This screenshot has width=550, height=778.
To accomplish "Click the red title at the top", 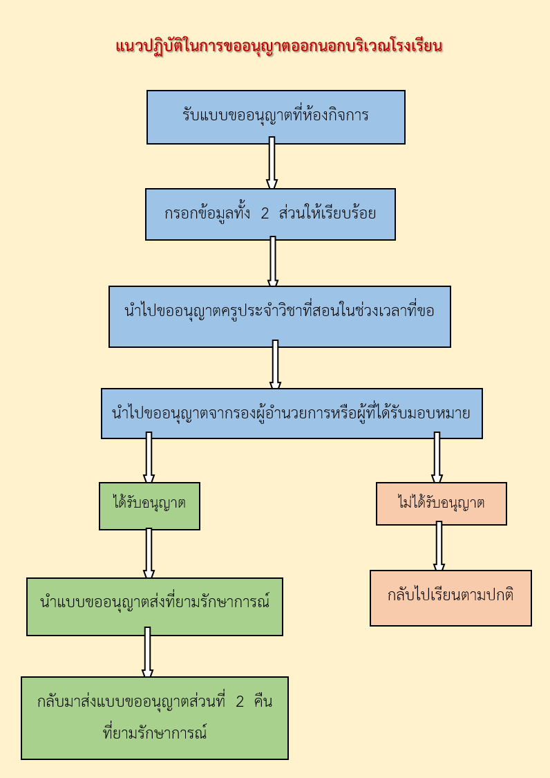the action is tap(279, 46).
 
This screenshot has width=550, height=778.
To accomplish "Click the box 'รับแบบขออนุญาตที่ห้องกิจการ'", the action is tap(276, 117).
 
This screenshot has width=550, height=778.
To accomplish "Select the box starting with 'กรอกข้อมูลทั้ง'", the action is tap(270, 214).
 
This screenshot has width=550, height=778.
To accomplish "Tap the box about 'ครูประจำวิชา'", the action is tap(280, 317).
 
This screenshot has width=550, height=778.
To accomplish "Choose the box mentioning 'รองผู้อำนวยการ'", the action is tap(292, 414).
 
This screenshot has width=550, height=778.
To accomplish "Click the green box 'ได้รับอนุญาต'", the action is tap(149, 506).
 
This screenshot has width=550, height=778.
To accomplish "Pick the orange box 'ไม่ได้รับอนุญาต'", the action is tap(442, 503).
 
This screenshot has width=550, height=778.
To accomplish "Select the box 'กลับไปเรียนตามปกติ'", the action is tap(451, 598).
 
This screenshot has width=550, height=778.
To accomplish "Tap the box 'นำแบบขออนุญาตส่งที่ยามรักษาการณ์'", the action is tap(155, 606).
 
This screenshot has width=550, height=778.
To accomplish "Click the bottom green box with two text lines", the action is tap(155, 718).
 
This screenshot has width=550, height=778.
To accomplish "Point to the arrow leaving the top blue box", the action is tap(272, 163).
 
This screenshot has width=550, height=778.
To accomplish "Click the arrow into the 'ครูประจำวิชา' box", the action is tap(273, 261).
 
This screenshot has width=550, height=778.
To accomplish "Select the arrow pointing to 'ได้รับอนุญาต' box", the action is tap(149, 458).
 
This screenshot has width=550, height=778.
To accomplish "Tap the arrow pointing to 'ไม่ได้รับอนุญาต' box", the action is tap(437, 458).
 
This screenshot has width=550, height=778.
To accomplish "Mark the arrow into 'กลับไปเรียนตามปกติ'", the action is tap(439, 546).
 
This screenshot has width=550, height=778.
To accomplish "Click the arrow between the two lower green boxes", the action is tap(147, 652).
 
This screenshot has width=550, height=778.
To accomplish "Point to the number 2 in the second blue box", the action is tap(265, 214).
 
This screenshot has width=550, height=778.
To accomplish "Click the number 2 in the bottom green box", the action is tap(240, 702).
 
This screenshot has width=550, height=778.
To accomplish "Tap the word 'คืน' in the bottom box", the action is tap(263, 701).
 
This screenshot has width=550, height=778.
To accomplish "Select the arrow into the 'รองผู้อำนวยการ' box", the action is tap(275, 364).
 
